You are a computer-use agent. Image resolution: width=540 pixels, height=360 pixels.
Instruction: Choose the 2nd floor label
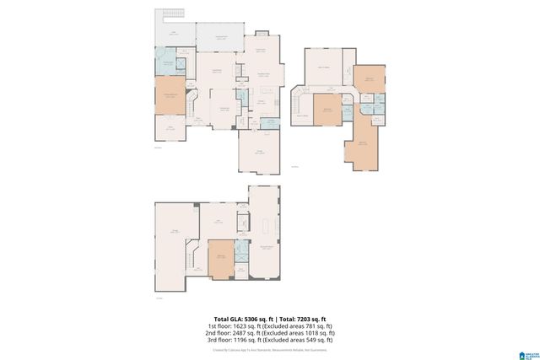point(217,333)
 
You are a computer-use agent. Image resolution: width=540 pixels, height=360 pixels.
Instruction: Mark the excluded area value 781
point(313,325)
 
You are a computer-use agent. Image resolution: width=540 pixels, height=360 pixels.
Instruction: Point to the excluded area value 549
point(313,341)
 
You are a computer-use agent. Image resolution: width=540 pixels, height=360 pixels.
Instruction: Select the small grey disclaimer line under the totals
point(270,349)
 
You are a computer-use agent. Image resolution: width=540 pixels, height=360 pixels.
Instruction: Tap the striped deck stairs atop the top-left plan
point(167,16)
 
